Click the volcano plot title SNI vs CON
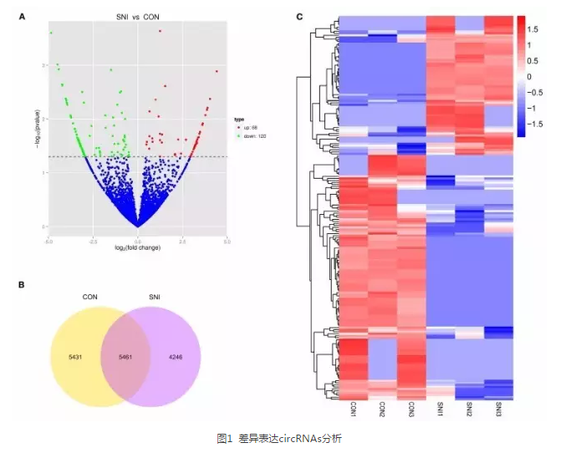coord(138,17)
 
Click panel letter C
coord(298,16)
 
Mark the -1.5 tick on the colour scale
coord(536,122)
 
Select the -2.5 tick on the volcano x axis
coord(93,240)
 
